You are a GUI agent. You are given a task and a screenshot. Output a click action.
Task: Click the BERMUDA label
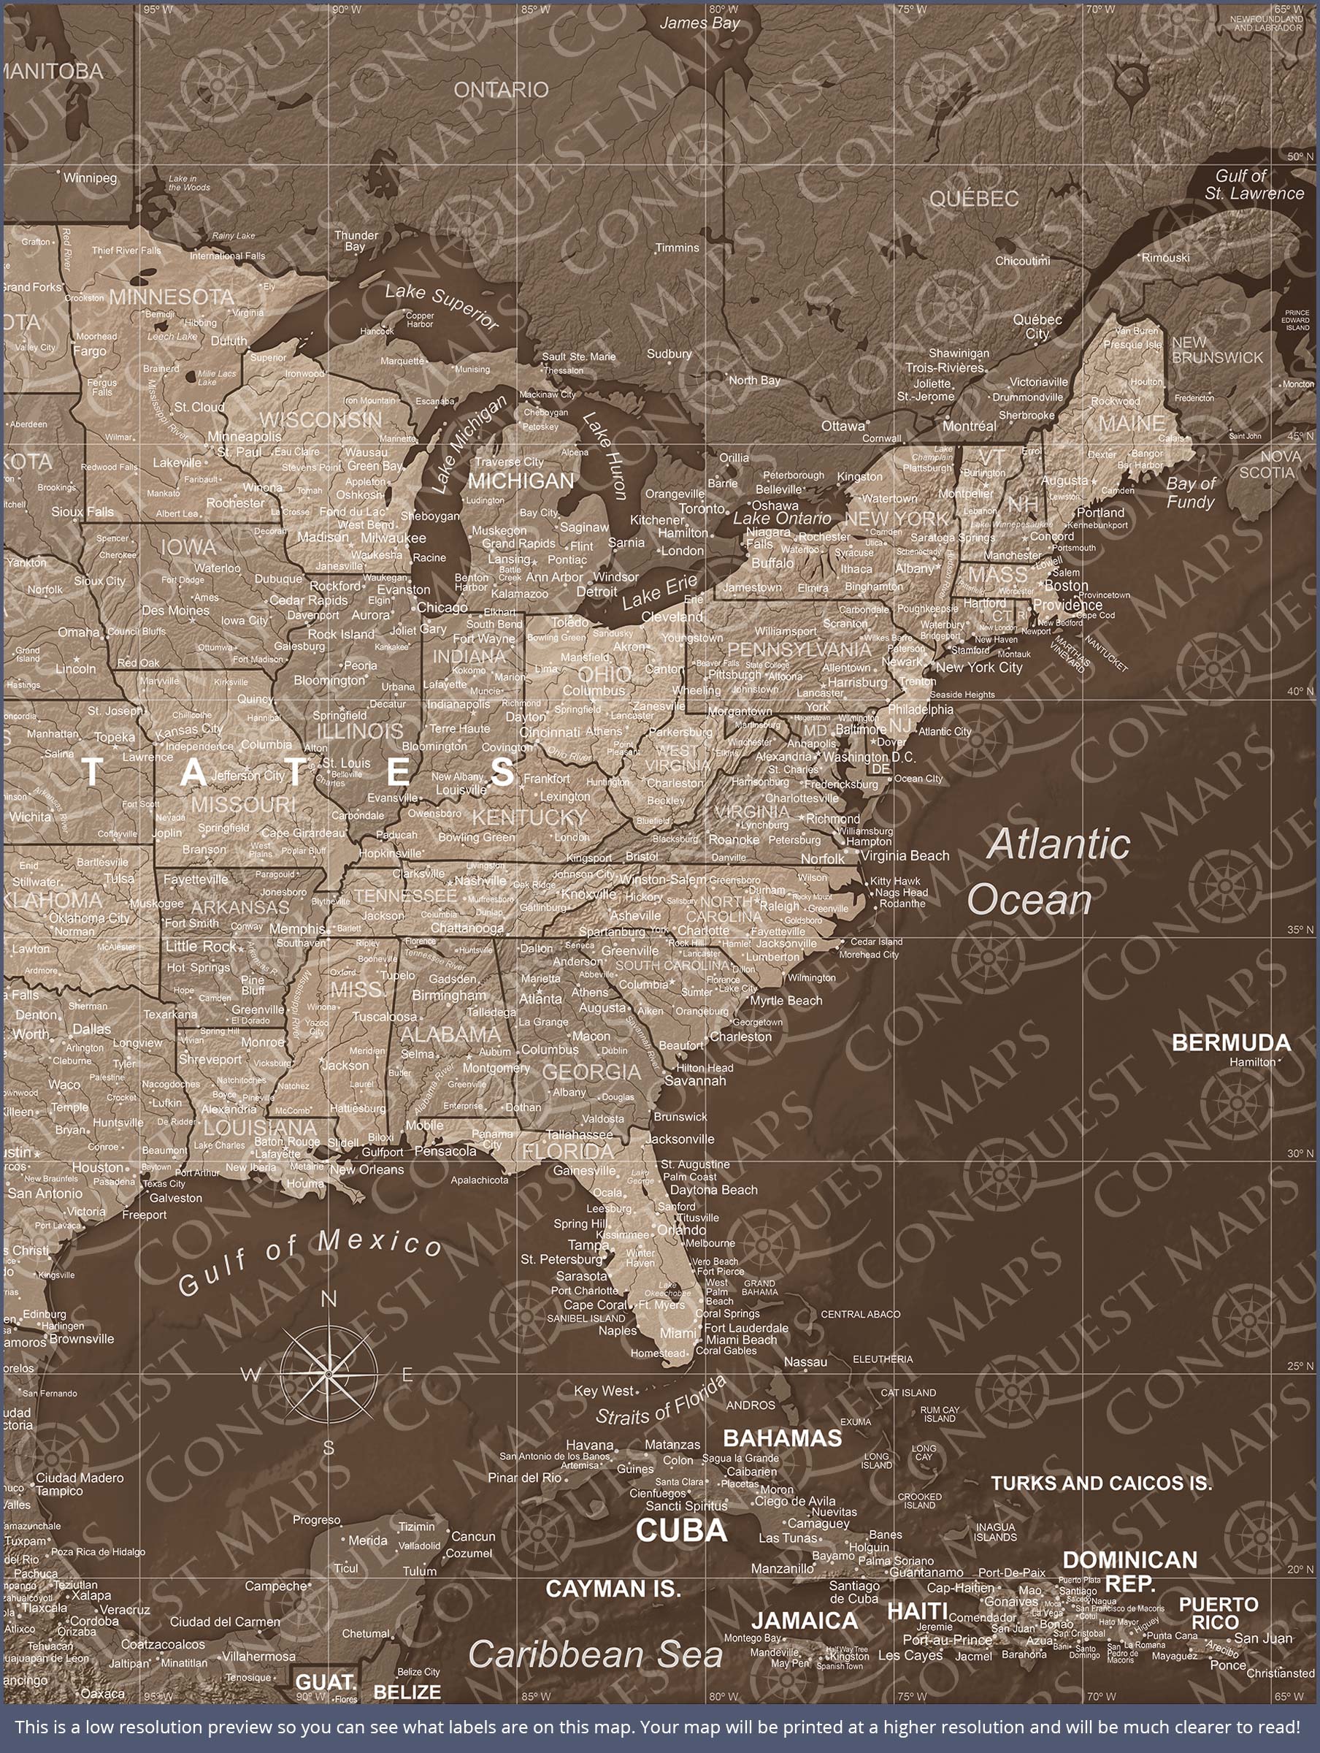(x=1230, y=1043)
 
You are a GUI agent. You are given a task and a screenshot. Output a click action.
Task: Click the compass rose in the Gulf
(x=328, y=1372)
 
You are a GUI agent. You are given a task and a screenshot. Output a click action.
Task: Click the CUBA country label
(x=681, y=1530)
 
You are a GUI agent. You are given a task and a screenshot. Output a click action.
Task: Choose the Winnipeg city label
(x=90, y=177)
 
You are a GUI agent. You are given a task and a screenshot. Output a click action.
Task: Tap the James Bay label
(x=699, y=23)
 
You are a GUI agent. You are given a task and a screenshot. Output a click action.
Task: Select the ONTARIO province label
(x=501, y=90)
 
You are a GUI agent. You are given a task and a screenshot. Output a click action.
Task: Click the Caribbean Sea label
(x=595, y=1654)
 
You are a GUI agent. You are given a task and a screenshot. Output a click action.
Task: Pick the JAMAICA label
(x=805, y=1621)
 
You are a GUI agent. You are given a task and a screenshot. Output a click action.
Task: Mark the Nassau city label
(x=805, y=1361)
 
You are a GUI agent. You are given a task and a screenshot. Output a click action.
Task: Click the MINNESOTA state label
(x=172, y=297)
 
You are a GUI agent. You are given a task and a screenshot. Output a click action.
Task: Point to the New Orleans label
(x=367, y=1169)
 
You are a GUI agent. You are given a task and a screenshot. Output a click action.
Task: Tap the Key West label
(x=604, y=1391)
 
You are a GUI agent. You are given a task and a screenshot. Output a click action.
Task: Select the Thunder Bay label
(x=356, y=240)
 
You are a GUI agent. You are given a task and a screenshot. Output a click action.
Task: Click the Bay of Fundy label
(x=1190, y=492)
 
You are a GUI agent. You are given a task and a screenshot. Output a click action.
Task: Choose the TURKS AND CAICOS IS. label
(x=1101, y=1483)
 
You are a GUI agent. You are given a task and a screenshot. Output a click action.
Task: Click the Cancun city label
(x=473, y=1536)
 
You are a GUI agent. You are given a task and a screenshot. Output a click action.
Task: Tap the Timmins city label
(x=678, y=248)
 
